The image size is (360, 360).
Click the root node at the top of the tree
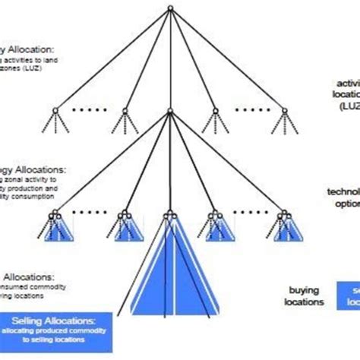pos(172,8)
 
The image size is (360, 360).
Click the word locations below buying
pos(305,302)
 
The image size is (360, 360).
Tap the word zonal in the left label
pos(16,178)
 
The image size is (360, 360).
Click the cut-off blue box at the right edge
pos(350,295)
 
